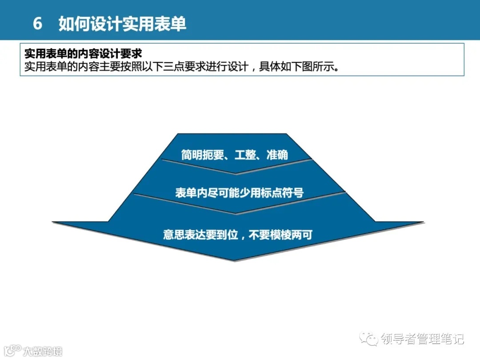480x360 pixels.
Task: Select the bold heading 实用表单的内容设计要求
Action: [83, 54]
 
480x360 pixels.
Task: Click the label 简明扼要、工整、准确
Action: [234, 155]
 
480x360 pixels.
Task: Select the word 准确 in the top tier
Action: [277, 155]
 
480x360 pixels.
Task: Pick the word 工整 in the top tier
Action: [245, 155]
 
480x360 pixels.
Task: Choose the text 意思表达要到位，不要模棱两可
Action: [237, 235]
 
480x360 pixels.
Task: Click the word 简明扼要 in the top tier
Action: [202, 155]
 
